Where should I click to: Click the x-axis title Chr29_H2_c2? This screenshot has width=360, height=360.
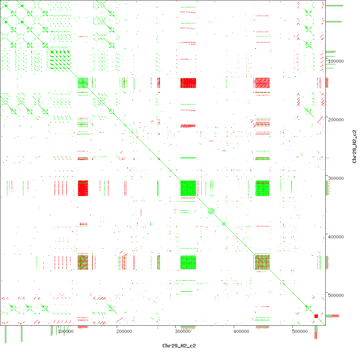tap(179, 346)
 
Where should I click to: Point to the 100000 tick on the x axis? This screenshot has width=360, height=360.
tap(65, 331)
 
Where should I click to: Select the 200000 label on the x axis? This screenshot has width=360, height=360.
tap(124, 331)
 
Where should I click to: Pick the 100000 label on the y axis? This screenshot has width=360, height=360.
tap(336, 61)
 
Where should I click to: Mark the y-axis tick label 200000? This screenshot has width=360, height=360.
tap(336, 120)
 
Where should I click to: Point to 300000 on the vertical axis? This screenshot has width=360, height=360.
tap(336, 178)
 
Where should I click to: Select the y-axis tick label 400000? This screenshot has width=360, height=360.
tap(336, 237)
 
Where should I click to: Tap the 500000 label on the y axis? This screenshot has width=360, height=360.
tap(336, 295)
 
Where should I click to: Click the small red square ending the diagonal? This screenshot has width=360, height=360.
tap(316, 316)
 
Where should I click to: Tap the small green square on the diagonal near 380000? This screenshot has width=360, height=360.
tap(224, 224)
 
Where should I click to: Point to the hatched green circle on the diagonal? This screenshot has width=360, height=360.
tap(211, 211)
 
